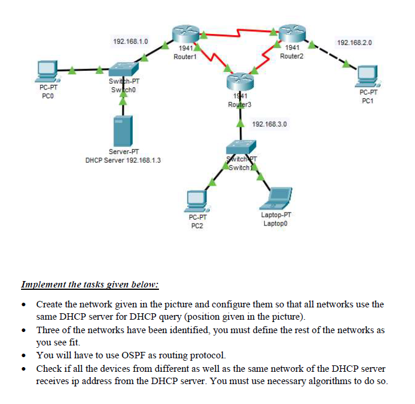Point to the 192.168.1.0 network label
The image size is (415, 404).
point(130,42)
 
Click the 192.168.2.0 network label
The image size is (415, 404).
point(355,43)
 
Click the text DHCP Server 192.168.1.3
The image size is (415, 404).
point(123,159)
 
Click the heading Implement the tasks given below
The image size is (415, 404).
point(90,285)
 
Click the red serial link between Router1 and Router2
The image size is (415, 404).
point(240,29)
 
